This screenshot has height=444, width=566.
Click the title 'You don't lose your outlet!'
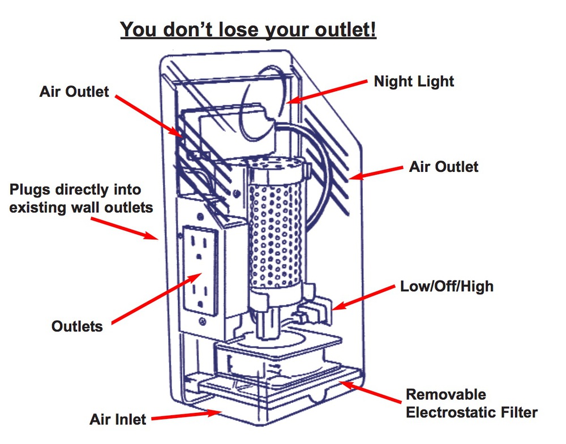click(x=248, y=29)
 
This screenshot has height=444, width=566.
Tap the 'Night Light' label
click(x=414, y=81)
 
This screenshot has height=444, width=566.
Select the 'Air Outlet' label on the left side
click(x=74, y=92)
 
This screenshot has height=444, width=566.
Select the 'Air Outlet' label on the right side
click(x=444, y=167)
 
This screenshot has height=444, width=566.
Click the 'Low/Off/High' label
click(x=447, y=286)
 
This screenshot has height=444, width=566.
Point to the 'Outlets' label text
click(x=78, y=326)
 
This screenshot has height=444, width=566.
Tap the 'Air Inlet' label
click(x=118, y=419)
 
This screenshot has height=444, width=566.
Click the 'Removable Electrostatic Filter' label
click(x=471, y=403)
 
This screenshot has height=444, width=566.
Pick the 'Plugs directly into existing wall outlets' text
click(x=82, y=199)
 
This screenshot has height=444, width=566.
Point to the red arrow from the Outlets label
click(x=156, y=298)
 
